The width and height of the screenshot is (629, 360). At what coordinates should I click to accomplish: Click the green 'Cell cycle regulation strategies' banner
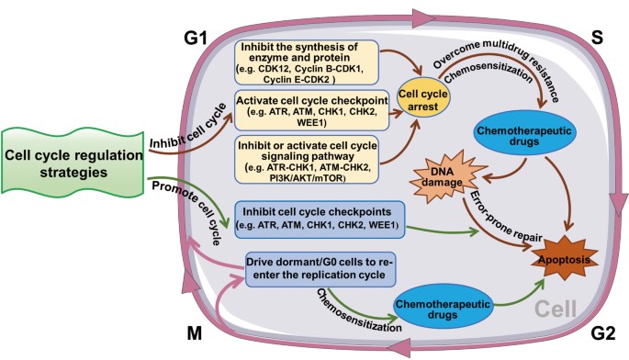[x=73, y=163]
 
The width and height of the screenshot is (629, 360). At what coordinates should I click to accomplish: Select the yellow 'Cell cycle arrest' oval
[x=423, y=100]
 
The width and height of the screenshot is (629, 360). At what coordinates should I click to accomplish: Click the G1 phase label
[x=196, y=39]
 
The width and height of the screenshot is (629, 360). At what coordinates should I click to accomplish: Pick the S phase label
[x=597, y=38]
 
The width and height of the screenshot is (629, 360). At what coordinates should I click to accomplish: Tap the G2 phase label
[x=603, y=333]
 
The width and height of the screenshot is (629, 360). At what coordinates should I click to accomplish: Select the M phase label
[x=195, y=333]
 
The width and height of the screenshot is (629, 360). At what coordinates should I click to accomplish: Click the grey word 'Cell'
[x=556, y=309]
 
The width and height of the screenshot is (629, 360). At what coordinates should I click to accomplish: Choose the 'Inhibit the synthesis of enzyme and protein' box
[x=307, y=62]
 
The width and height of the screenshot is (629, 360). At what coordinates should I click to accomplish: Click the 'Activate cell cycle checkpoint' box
[x=311, y=110]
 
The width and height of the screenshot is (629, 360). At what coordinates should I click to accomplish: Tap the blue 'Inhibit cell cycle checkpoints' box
[x=320, y=219]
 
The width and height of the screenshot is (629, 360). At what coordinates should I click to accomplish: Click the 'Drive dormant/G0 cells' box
[x=320, y=269]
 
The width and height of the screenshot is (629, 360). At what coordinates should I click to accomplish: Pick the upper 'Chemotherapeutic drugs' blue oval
[x=524, y=136]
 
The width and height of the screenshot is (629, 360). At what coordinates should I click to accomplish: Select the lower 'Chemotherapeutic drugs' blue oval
[x=443, y=309]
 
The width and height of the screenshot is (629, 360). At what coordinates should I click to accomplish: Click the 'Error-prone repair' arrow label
[x=505, y=217]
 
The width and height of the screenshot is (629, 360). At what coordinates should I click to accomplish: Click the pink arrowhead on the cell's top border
[x=424, y=18]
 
